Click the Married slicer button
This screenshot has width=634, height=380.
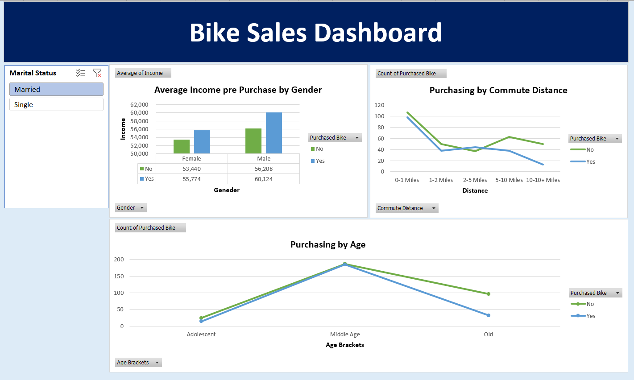tap(56, 89)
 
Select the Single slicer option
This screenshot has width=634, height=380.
tap(56, 104)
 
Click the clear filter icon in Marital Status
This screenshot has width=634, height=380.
tap(97, 73)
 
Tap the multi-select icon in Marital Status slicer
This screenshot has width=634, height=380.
tap(80, 73)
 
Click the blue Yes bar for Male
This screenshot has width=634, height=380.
tap(273, 133)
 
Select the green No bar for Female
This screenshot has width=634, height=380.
tap(182, 146)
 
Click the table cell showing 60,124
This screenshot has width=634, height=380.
tap(264, 179)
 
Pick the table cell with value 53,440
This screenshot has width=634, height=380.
tap(191, 169)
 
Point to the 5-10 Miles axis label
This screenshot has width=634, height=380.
tap(509, 180)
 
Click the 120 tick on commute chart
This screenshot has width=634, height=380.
tap(379, 105)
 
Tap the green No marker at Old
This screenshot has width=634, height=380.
tap(489, 294)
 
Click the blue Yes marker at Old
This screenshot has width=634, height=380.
tap(489, 315)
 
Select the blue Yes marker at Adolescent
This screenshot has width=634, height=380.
tap(201, 321)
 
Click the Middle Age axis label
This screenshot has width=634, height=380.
tap(345, 335)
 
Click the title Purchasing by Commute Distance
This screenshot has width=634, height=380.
tap(498, 90)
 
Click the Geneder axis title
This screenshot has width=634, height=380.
tap(227, 190)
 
